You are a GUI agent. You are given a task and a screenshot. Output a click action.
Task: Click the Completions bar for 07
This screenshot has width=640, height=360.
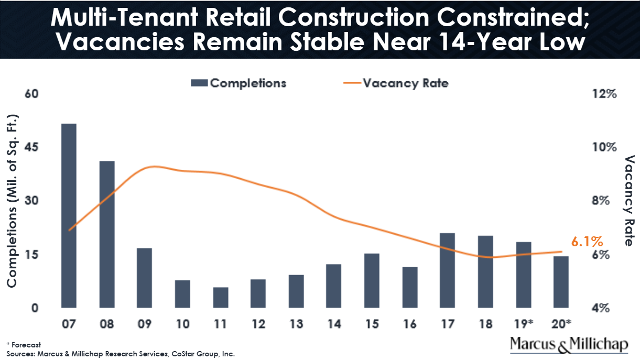click(69, 216)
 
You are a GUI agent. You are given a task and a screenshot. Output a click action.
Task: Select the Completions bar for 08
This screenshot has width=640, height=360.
click(107, 234)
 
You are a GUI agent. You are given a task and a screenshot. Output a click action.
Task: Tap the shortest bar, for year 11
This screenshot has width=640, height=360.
click(221, 298)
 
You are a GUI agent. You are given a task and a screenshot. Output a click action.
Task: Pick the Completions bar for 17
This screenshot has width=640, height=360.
click(448, 270)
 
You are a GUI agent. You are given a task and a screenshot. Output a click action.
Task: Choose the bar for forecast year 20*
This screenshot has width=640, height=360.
click(561, 282)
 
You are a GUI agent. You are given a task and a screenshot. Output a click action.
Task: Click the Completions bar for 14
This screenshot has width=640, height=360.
click(334, 286)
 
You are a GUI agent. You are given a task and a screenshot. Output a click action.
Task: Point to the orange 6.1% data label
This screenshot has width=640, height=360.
click(587, 242)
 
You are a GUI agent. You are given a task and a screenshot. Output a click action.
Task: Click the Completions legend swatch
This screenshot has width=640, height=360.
click(199, 83)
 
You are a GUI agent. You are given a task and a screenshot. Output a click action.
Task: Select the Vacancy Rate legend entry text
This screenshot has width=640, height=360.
click(406, 83)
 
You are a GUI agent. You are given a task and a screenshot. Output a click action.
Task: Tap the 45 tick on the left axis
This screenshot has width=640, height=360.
click(31, 147)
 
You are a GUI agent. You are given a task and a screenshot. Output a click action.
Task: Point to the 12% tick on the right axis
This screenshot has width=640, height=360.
click(604, 94)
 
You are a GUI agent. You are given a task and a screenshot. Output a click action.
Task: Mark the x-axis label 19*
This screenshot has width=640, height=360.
click(524, 324)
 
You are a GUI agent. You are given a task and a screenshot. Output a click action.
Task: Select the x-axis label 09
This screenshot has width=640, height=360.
click(145, 324)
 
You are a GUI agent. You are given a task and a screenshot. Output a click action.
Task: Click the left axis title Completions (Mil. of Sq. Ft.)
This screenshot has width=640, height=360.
click(12, 201)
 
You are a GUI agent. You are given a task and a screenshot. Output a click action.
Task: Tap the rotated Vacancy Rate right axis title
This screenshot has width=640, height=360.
click(629, 201)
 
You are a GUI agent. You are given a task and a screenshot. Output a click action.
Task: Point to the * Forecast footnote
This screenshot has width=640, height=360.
click(24, 345)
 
